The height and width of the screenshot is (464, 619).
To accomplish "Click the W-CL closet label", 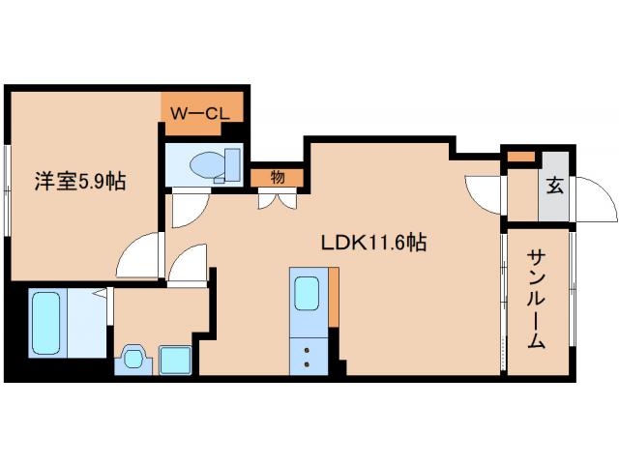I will tap(200, 113).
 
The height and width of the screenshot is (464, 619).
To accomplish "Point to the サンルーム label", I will tap(538, 300).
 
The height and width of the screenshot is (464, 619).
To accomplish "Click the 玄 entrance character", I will tap(555, 187).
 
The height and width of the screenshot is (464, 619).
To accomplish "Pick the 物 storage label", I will tap(278, 177).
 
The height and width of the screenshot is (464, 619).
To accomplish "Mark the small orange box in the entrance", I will tap(520, 156).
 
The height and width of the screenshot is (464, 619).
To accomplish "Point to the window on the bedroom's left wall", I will tap(8, 188).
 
